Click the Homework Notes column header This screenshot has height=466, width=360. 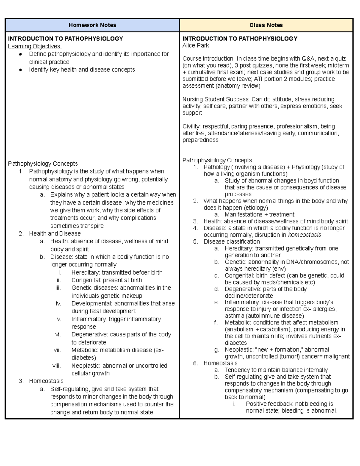(x=92, y=25)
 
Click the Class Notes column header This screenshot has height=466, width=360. (x=266, y=25)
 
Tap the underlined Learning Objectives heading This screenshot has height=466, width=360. (x=34, y=46)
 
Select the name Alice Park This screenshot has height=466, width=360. (x=196, y=46)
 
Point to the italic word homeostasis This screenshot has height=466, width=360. (x=304, y=235)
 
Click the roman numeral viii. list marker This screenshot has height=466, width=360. (x=56, y=366)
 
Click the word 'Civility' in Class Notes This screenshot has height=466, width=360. (x=191, y=126)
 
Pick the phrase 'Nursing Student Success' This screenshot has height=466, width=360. (x=215, y=99)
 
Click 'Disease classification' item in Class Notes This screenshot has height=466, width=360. (x=232, y=242)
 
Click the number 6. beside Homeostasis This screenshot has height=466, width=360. (x=196, y=363)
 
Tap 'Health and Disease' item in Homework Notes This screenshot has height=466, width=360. (x=55, y=233)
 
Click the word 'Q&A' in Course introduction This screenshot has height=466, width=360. (x=307, y=59)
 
